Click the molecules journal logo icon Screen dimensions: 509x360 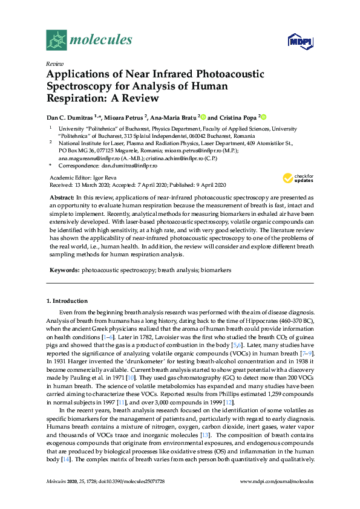tap(57, 41)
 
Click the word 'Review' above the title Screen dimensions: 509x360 tap(54, 63)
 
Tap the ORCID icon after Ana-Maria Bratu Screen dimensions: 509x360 tap(203, 117)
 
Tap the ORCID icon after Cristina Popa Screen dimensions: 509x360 tap(263, 117)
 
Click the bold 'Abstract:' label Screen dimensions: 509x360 tap(61, 198)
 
